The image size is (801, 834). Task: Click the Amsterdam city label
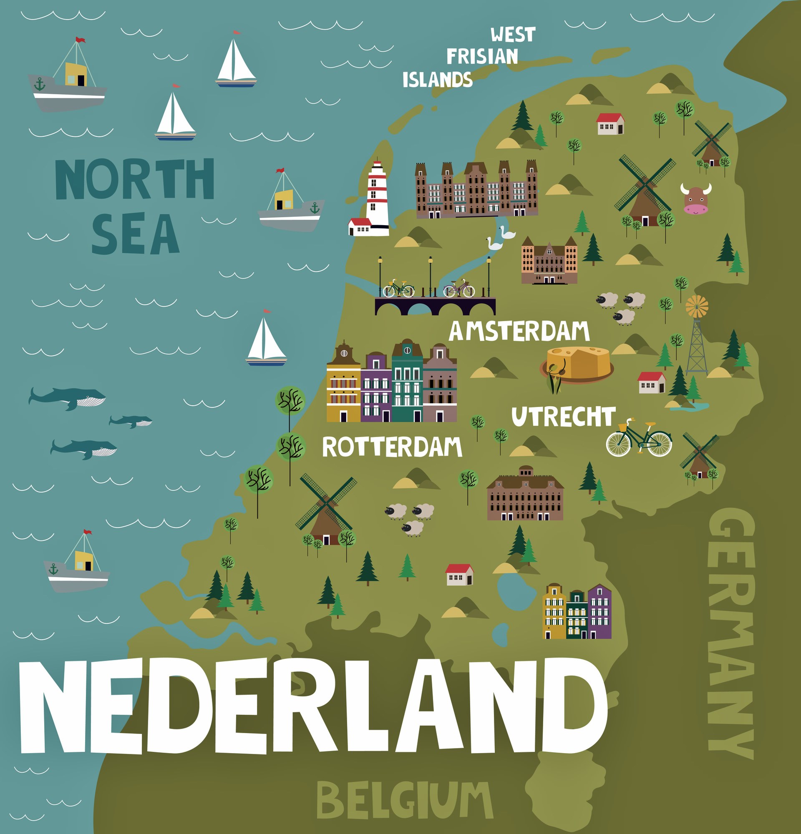[519, 332]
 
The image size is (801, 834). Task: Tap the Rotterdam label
[392, 447]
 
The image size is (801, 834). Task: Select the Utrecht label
[564, 417]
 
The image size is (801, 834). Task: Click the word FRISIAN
[482, 57]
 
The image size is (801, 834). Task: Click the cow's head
[695, 199]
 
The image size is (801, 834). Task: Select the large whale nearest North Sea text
[68, 398]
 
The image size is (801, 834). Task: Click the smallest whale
[131, 421]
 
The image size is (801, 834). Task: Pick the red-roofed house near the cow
[610, 124]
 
